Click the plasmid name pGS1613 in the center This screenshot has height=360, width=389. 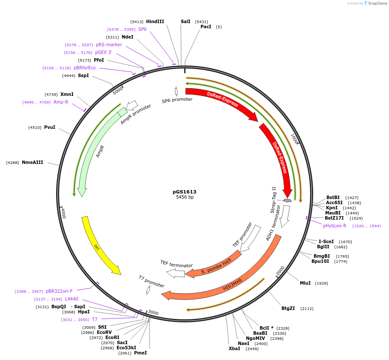coord(184,192)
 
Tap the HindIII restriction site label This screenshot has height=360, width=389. coord(155,21)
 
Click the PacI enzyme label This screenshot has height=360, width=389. coord(206,27)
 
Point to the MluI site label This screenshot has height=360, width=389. coord(305,283)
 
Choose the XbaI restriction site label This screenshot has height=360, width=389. coord(234,348)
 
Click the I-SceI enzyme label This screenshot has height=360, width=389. coord(326,241)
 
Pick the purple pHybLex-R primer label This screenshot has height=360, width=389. coord(335,226)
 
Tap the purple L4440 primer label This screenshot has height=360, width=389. coord(72,299)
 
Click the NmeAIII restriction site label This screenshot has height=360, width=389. coord(33,162)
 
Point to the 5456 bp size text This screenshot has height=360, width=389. coord(185,197)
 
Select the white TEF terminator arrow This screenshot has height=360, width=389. coord(175,273)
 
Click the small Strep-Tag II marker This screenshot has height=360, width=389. coord(287,200)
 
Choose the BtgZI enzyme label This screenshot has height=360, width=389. coord(288,308)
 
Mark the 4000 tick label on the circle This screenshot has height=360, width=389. coord(63,213)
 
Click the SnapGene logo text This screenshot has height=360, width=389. coord(377,3)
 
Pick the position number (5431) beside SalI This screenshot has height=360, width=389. coord(201,21)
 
